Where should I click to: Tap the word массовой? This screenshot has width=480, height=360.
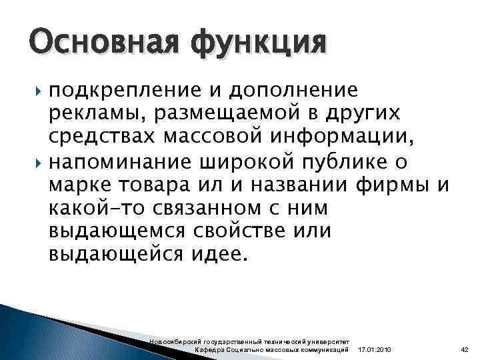point(207,139)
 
